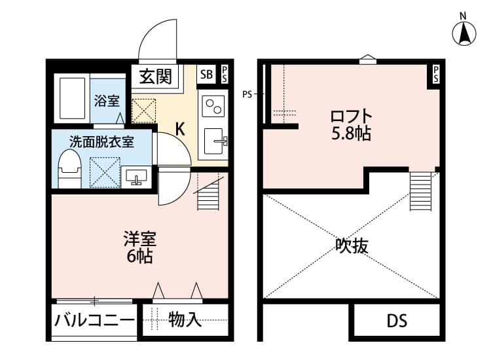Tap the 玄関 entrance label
click(156, 76)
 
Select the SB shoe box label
click(206, 75)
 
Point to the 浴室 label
click(106, 101)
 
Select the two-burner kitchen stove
click(214, 106)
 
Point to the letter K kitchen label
click(180, 129)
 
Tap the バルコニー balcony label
click(94, 321)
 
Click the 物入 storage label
click(184, 320)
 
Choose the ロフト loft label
click(351, 117)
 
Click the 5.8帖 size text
click(351, 135)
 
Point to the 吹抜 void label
click(352, 246)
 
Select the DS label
click(396, 321)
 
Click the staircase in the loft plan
click(421, 190)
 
